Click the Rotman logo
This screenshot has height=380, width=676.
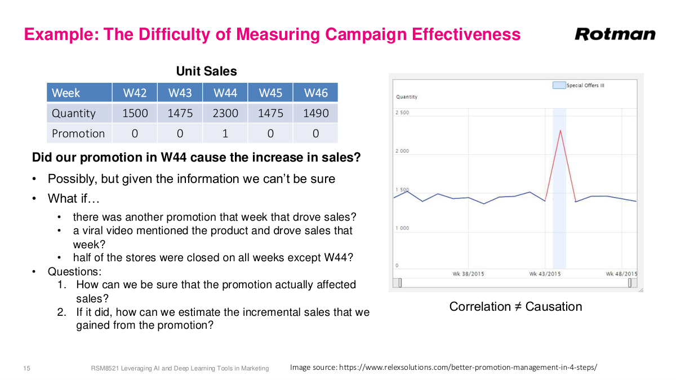615,34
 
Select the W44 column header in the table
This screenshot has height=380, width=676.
225,93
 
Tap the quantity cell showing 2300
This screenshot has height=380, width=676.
225,113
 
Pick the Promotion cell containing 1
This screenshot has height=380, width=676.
225,133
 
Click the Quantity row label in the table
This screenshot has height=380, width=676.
74,113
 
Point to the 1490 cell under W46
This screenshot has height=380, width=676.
315,113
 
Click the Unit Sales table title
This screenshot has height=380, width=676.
206,71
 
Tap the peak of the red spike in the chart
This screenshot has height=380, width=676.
561,131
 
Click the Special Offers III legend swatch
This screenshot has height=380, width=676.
558,86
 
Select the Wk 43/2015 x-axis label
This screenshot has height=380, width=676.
545,274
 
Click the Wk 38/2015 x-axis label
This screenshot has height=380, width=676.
468,274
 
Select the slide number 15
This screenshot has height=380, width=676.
26,368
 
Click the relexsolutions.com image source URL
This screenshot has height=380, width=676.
468,368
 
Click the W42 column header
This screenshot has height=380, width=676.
135,93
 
